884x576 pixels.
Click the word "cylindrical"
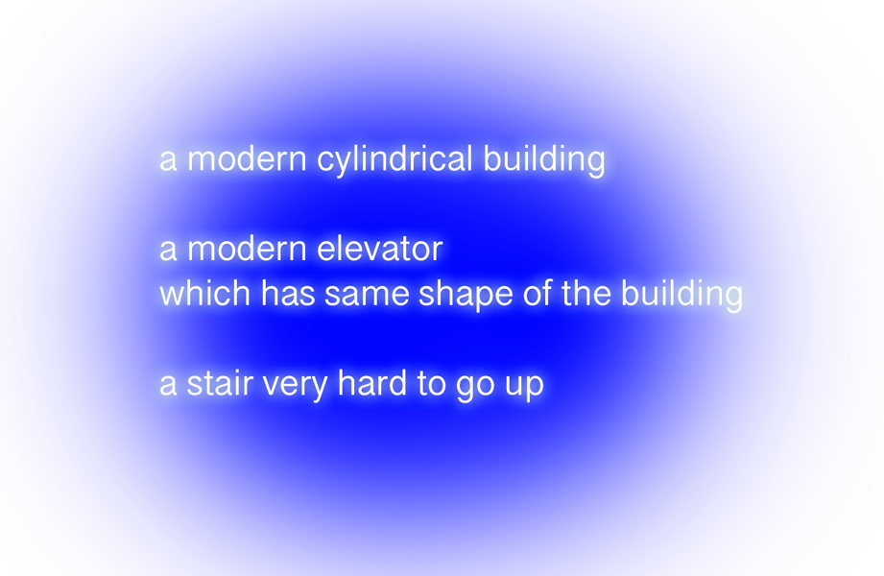pyautogui.click(x=394, y=159)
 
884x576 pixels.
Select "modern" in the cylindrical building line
pyautogui.click(x=247, y=158)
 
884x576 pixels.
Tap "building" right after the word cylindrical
pyautogui.click(x=544, y=159)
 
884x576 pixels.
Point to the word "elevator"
pyautogui.click(x=379, y=249)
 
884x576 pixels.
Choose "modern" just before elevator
pyautogui.click(x=247, y=249)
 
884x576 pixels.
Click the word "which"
pyautogui.click(x=204, y=294)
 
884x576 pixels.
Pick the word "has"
pyautogui.click(x=288, y=294)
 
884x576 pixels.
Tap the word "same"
pyautogui.click(x=367, y=295)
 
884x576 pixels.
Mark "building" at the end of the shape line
pyautogui.click(x=681, y=295)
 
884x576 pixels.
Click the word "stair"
pyautogui.click(x=219, y=384)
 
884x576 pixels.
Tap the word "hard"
pyautogui.click(x=372, y=384)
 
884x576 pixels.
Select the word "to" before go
pyautogui.click(x=431, y=385)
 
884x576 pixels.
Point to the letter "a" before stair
pyautogui.click(x=168, y=385)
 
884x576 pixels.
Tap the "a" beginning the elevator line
pyautogui.click(x=168, y=250)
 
